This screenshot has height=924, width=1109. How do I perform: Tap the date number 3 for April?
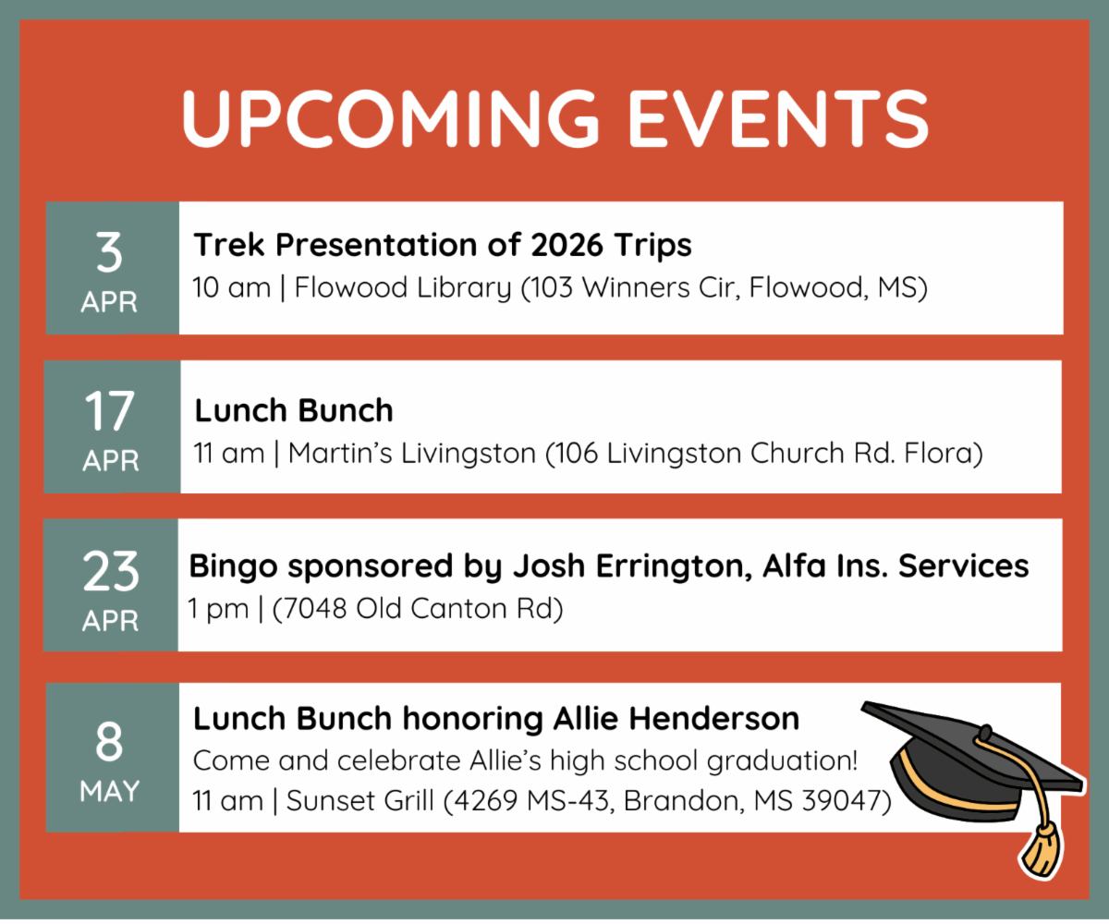[x=110, y=253]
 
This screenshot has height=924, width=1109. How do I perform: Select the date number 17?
[x=110, y=412]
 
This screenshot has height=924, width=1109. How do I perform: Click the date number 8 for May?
[x=110, y=741]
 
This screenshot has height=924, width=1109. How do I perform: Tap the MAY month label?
[x=110, y=792]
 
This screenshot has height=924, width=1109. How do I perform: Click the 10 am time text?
[x=231, y=288]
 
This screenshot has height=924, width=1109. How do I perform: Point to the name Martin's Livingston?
[x=411, y=454]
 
